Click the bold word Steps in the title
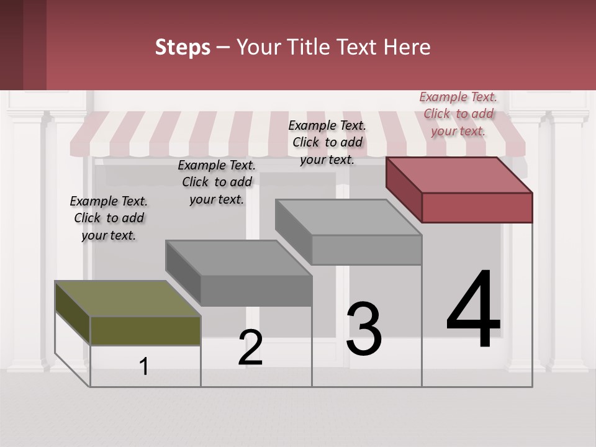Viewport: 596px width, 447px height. pyautogui.click(x=183, y=47)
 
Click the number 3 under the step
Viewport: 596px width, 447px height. pyautogui.click(x=364, y=329)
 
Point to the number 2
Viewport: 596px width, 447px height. pyautogui.click(x=250, y=348)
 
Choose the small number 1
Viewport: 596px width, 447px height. pyautogui.click(x=144, y=366)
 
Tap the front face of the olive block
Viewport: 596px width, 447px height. pyautogui.click(x=145, y=330)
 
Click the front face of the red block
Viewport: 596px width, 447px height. pyautogui.click(x=477, y=207)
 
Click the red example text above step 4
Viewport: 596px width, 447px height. pyautogui.click(x=458, y=114)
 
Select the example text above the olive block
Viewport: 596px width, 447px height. pyautogui.click(x=109, y=218)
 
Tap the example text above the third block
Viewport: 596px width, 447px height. pyautogui.click(x=327, y=142)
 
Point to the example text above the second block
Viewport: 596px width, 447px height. pyautogui.click(x=217, y=182)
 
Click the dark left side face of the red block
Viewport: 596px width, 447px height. pyautogui.click(x=404, y=189)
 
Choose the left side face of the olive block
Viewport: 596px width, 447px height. pyautogui.click(x=73, y=313)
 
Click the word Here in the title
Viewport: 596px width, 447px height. pyautogui.click(x=408, y=47)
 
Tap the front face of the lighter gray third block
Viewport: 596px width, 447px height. pyautogui.click(x=366, y=250)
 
